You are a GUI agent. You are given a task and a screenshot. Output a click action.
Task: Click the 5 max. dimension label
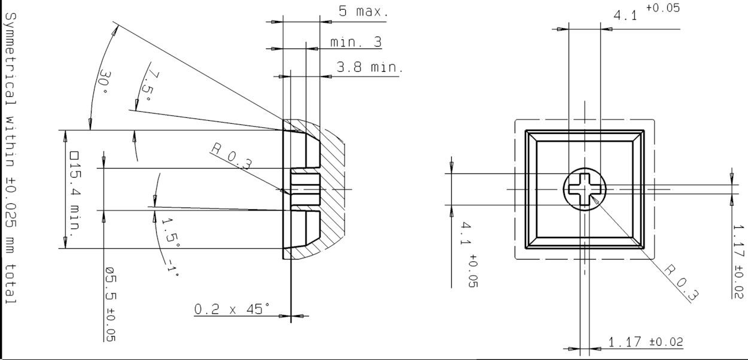[x=364, y=11]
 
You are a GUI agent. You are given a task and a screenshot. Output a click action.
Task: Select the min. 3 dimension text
[x=356, y=42]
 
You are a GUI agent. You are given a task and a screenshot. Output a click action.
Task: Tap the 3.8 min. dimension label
[x=369, y=67]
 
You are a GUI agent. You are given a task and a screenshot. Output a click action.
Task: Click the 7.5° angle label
[x=149, y=86]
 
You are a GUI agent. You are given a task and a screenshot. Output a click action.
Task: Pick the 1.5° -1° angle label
[x=171, y=247]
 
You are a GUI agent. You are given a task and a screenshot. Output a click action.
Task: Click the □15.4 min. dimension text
[x=75, y=191]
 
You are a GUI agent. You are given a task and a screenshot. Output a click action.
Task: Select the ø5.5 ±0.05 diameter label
[x=111, y=304]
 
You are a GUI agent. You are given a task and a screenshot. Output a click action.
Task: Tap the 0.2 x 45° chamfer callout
[x=232, y=309]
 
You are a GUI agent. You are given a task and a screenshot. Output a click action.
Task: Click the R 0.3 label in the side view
[x=232, y=155]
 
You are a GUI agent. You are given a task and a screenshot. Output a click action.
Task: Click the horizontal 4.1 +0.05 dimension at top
[x=646, y=12]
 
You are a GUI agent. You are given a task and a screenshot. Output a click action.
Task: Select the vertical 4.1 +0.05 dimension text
[x=469, y=254]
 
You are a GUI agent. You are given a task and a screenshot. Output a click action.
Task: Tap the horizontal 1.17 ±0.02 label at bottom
[x=646, y=341]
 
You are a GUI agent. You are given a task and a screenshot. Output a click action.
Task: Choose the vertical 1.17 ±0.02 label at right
[x=738, y=261]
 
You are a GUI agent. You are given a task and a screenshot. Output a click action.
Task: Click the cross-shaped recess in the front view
[x=585, y=189]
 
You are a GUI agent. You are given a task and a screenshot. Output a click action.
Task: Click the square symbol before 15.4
[x=74, y=155]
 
